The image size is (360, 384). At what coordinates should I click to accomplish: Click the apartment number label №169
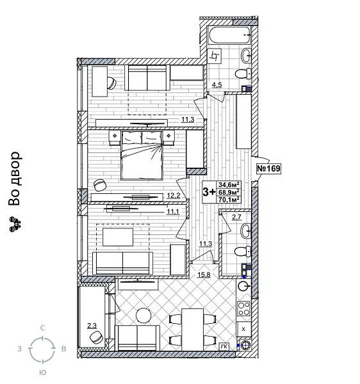(x=268, y=168)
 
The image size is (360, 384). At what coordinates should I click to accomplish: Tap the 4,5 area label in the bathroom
(x=217, y=84)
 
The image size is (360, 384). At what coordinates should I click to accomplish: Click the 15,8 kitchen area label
(x=204, y=275)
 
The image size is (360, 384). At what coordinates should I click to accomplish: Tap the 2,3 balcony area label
(x=92, y=326)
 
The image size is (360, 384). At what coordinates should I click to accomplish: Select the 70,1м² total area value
(x=229, y=199)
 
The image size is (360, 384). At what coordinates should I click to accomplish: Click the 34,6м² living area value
(x=229, y=184)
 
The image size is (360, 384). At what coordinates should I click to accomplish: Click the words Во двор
(x=15, y=179)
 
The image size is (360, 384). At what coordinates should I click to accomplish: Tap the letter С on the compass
(x=42, y=328)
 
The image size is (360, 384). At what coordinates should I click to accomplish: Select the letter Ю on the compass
(x=42, y=372)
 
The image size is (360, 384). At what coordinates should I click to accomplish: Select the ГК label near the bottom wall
(x=223, y=346)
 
